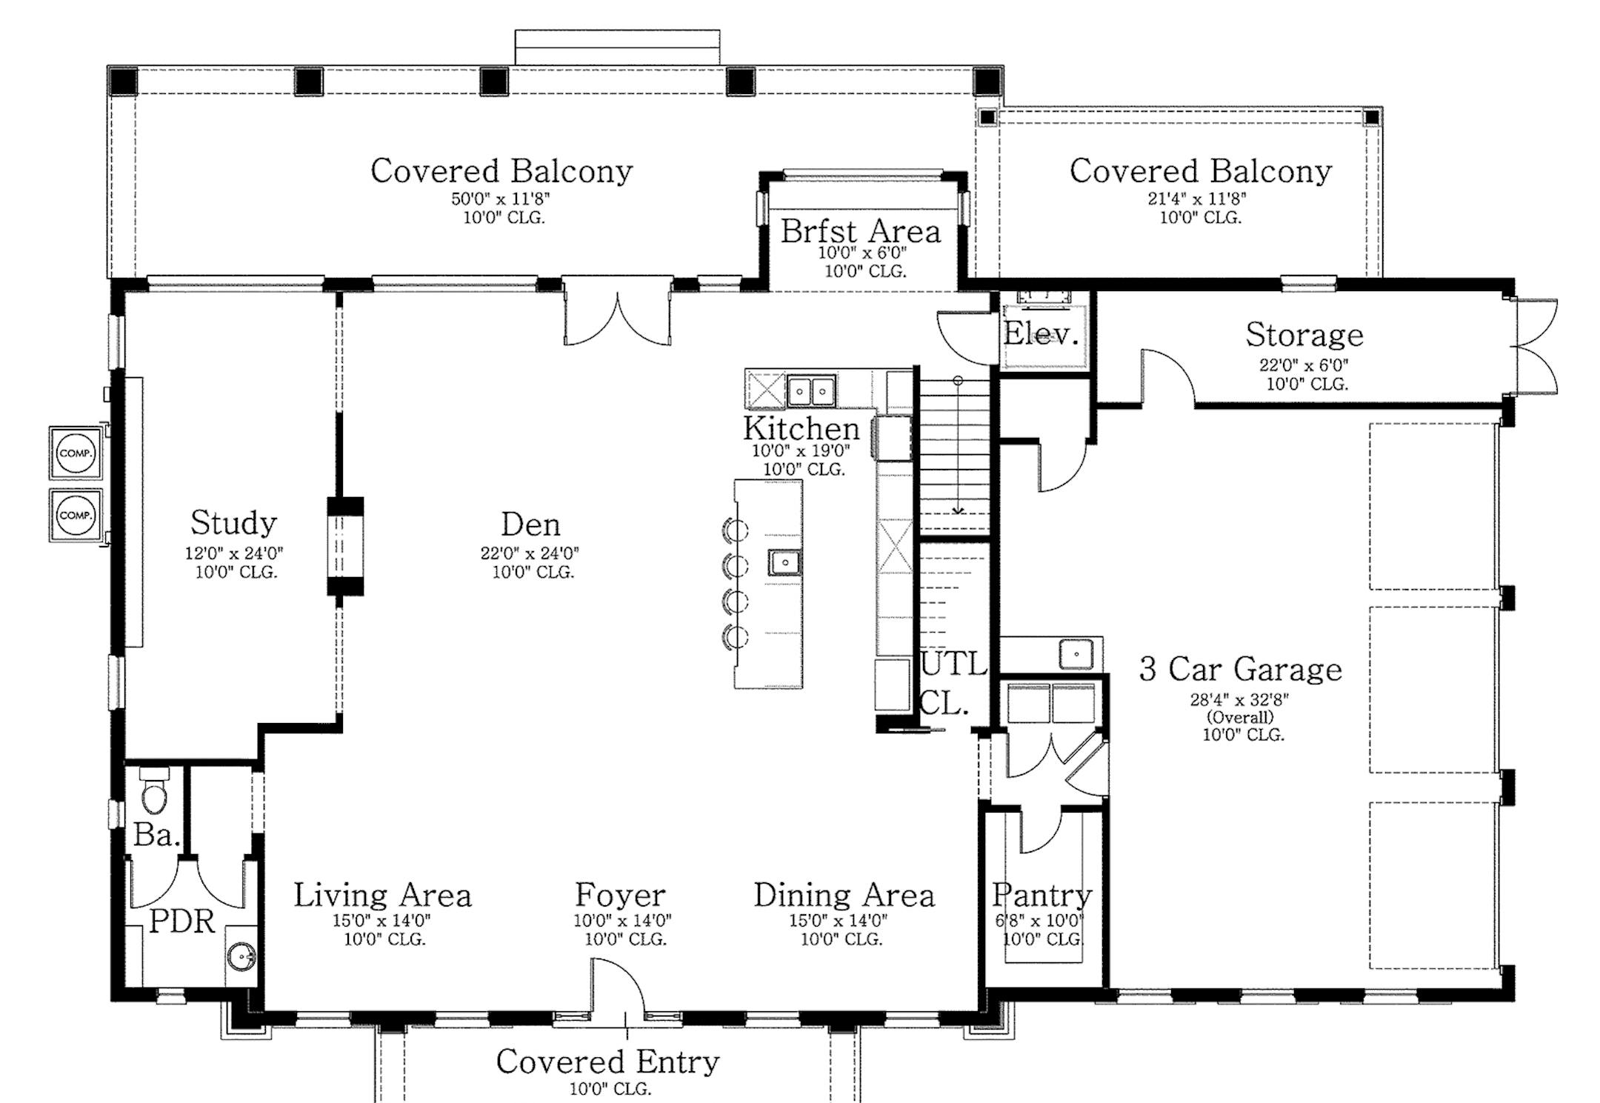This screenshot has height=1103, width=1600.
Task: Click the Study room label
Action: tap(233, 523)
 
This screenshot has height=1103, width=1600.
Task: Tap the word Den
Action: tap(530, 524)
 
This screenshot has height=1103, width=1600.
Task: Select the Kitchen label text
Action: tap(801, 428)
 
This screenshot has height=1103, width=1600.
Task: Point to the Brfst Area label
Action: tap(861, 231)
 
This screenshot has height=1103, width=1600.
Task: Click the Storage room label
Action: tap(1304, 335)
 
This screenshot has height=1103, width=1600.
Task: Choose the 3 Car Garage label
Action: tap(1241, 670)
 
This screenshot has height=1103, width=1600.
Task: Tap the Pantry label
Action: tap(1042, 896)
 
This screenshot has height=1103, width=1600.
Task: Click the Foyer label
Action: tap(620, 896)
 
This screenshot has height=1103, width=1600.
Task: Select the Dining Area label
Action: tap(844, 896)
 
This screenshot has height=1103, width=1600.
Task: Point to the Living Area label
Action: tap(382, 896)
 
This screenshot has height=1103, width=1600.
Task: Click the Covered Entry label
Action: tap(607, 1062)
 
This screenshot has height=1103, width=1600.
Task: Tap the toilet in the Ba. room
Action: tap(154, 791)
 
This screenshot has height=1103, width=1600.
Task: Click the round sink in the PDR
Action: tap(241, 957)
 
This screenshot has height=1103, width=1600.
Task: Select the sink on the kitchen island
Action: tap(784, 562)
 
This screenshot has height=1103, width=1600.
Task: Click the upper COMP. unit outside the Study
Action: tap(76, 453)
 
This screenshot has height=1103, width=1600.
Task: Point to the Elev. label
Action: tap(1040, 335)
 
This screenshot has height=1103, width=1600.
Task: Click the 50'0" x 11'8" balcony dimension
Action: tap(501, 199)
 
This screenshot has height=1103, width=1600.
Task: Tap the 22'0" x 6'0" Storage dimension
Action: tap(1304, 365)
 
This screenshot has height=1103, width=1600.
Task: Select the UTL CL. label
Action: tap(953, 683)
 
